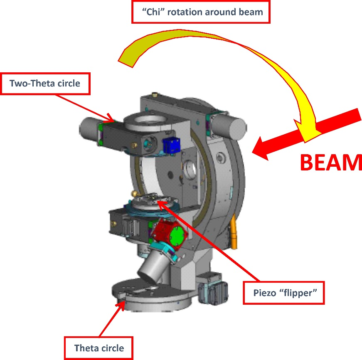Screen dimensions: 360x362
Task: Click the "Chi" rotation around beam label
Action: [201, 12]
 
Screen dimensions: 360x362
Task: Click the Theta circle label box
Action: [99, 348]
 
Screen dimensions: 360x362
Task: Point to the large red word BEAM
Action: [330, 163]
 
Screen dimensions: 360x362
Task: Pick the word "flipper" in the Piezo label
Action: [300, 292]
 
